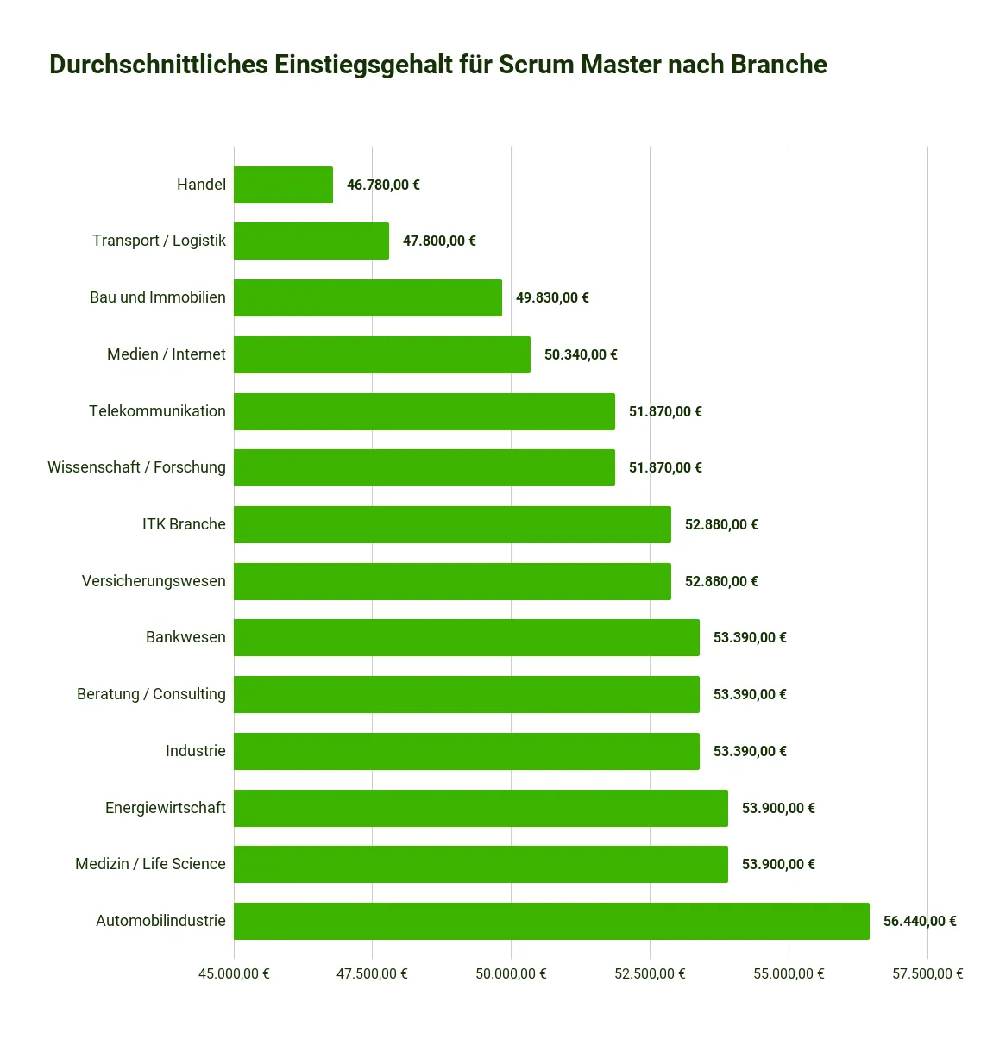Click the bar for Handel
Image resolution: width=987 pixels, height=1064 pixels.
coord(283,185)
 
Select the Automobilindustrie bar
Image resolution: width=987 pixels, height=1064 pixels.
coord(551,921)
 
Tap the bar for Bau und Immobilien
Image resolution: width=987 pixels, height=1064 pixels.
coord(368,297)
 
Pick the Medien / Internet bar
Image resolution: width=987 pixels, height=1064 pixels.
coord(382,354)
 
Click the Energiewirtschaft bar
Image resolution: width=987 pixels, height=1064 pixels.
coord(481,808)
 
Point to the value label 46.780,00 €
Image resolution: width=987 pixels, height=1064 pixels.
coord(383,185)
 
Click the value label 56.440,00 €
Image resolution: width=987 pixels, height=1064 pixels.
coord(920,921)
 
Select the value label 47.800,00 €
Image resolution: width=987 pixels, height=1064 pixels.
coord(439,241)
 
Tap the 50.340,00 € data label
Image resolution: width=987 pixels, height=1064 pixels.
coord(581,354)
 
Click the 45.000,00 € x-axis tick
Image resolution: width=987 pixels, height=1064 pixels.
coord(234,973)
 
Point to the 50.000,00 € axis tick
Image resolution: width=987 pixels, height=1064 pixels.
coord(511,973)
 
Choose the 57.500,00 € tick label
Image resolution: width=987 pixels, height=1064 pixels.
coord(927,973)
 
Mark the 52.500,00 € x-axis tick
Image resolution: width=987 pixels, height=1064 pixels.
coord(650,973)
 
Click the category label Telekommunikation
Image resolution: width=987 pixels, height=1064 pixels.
coord(157,411)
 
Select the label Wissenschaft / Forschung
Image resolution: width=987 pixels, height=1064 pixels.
coord(136,467)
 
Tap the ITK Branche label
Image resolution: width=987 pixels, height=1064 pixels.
coord(184,524)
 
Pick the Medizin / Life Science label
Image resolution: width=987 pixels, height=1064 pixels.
coord(150,864)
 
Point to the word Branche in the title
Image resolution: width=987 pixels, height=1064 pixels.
coord(779,65)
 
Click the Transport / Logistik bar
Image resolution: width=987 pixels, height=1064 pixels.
coord(311,241)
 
